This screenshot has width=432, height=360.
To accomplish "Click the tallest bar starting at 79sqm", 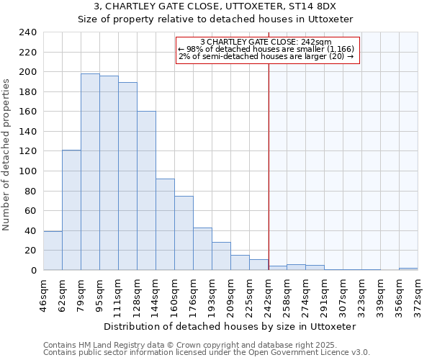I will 90,172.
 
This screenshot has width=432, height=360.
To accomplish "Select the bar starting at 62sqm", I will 71,210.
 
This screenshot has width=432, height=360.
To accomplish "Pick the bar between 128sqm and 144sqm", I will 146,191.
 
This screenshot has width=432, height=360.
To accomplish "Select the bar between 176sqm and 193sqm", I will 202,249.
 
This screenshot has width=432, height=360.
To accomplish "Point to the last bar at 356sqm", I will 408,269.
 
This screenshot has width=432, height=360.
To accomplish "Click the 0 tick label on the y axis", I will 33,271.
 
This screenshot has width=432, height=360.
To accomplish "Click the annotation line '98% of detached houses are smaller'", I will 266,49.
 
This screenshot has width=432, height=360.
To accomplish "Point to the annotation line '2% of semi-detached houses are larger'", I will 266,56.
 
